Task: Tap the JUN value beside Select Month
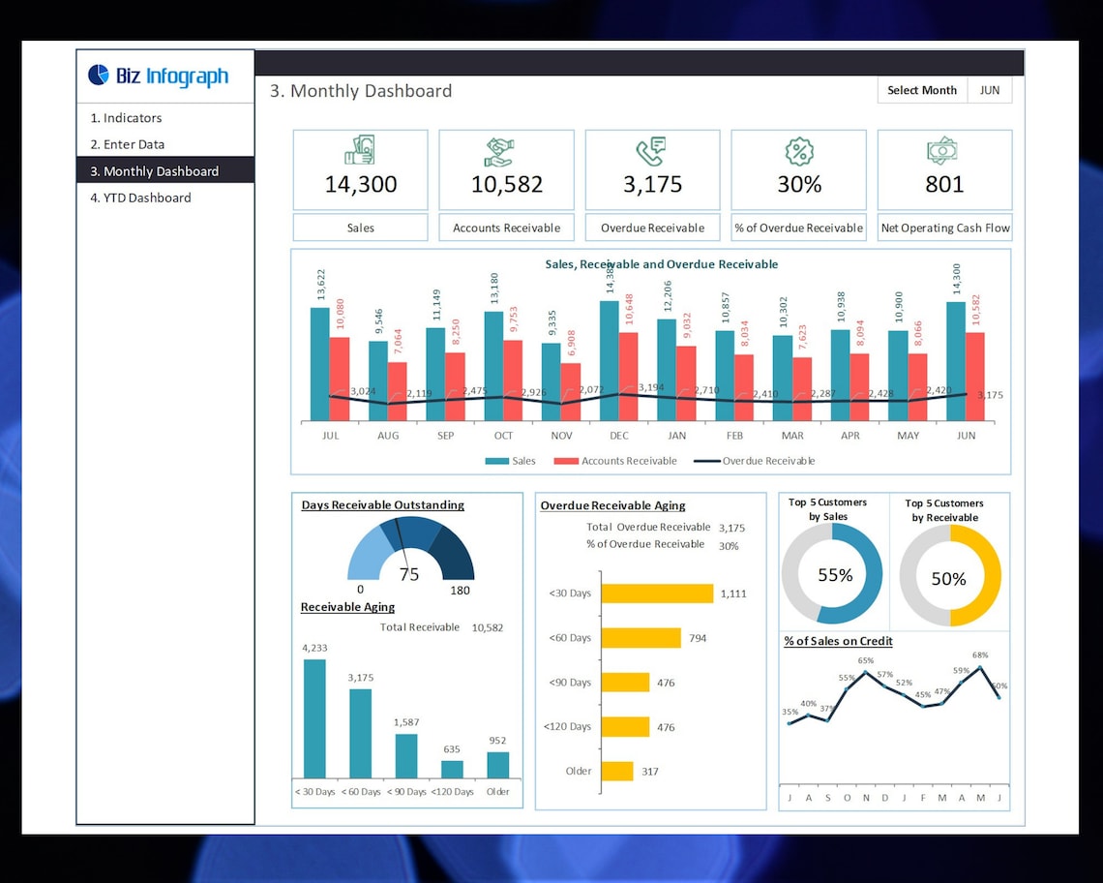(989, 90)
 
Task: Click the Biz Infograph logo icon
(99, 75)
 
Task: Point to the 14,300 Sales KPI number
(360, 184)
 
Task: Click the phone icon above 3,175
(651, 151)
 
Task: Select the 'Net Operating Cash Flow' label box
(944, 228)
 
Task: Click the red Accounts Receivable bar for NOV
(571, 391)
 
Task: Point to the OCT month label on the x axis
(503, 436)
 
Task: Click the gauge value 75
(409, 574)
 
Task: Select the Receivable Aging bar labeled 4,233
(314, 718)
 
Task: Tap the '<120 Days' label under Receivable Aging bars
(452, 792)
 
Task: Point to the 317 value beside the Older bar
(649, 772)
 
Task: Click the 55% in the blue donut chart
(834, 575)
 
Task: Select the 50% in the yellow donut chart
(948, 579)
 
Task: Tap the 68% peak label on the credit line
(980, 655)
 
